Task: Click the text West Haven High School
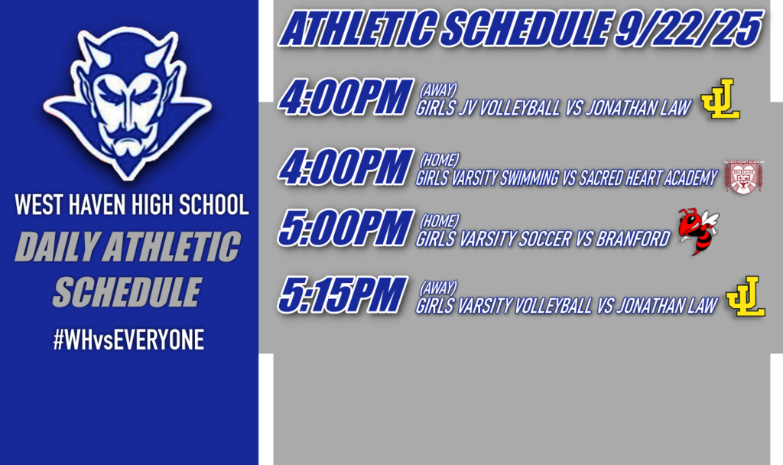(132, 205)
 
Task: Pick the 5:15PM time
(340, 296)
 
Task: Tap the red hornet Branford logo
(697, 230)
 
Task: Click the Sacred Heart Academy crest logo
(743, 177)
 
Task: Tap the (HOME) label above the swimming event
(440, 161)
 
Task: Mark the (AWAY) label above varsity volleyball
(438, 287)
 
